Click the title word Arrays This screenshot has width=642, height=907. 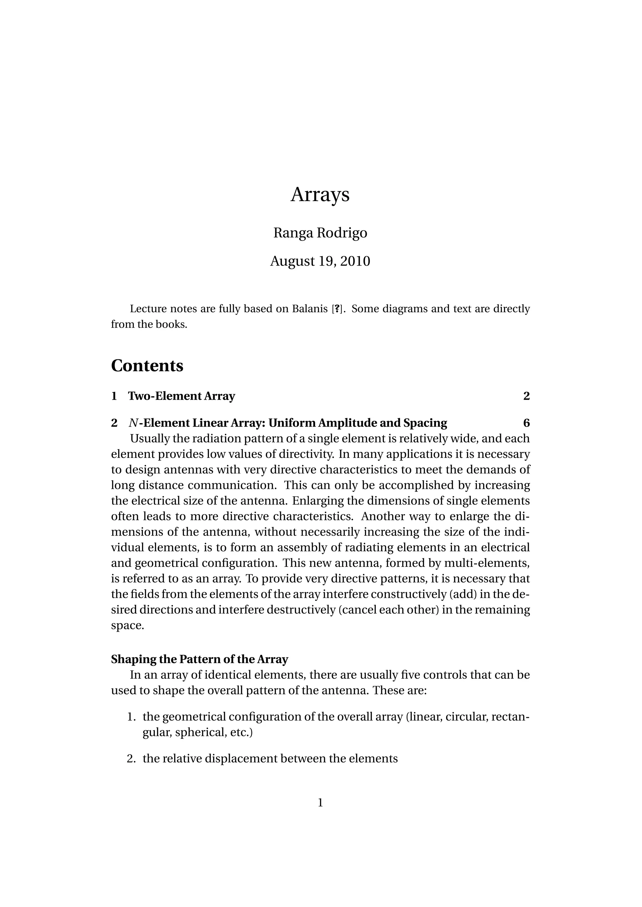tap(320, 195)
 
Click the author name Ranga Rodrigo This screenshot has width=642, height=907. tap(320, 233)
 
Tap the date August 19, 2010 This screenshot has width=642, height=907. tap(320, 261)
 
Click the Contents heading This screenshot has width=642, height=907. tap(147, 365)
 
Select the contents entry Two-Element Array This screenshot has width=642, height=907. tap(182, 396)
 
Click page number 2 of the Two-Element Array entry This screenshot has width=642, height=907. tap(526, 396)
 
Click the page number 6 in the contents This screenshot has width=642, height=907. tap(526, 423)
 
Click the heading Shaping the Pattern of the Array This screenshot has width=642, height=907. tap(200, 659)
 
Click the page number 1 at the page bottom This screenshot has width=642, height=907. tap(320, 803)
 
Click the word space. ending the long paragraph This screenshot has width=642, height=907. tap(127, 626)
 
